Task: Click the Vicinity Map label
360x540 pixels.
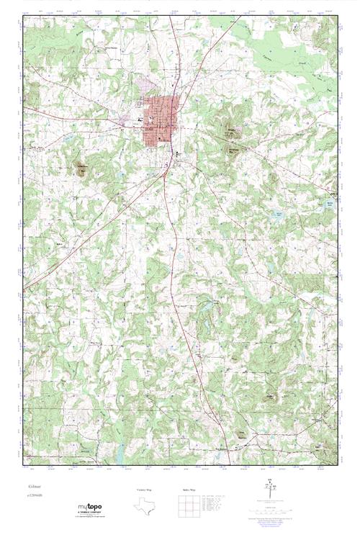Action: (x=144, y=490)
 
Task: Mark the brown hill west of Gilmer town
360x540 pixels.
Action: (x=81, y=168)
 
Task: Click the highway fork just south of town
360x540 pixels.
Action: (x=167, y=171)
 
